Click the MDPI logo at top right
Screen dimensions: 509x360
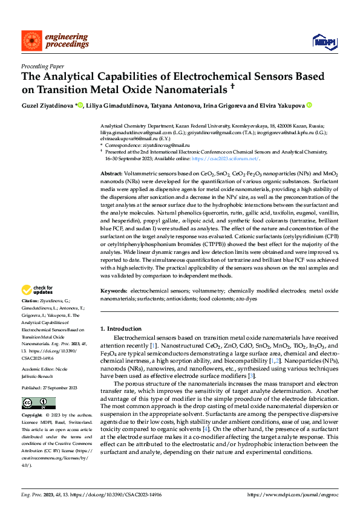323,41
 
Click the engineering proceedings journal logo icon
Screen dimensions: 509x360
31,40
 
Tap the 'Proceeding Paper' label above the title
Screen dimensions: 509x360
42,67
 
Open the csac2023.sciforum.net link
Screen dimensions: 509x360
232,158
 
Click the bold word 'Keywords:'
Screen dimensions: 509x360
114,291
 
